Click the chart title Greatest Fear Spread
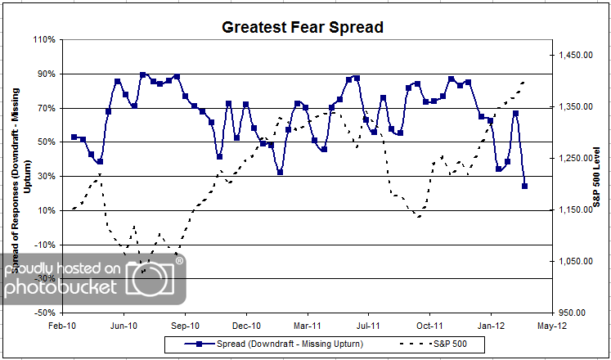pos(303,28)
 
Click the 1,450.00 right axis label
pos(575,56)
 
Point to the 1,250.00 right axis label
pos(575,159)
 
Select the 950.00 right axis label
pos(577,313)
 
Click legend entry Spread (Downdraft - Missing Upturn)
pos(270,343)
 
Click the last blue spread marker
pos(524,186)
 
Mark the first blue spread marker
pos(74,137)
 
